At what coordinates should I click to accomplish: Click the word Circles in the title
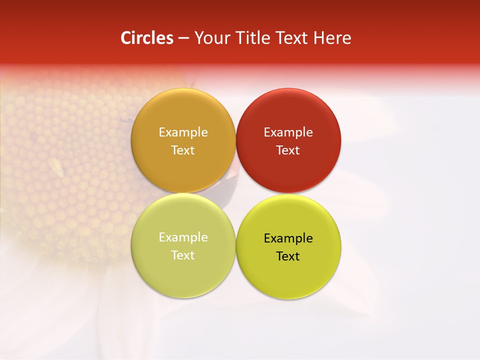tap(146, 38)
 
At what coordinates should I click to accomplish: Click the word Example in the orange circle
tap(183, 132)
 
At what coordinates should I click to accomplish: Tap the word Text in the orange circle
tap(183, 150)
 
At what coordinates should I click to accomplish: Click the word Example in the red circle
tap(288, 132)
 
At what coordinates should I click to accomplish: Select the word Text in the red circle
tap(288, 150)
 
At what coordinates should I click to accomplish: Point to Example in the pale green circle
tap(183, 237)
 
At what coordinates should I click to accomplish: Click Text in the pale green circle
tap(183, 255)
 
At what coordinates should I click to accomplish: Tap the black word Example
tap(288, 238)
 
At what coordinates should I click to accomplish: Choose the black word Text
tap(288, 256)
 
